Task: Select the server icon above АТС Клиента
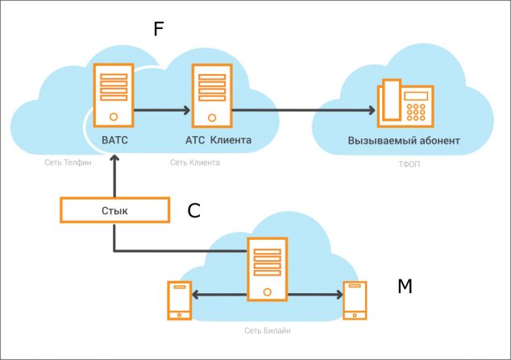210,94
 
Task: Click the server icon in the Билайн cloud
267,269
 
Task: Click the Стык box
114,210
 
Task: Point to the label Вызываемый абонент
404,141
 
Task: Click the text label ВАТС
115,140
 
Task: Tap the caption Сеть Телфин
69,163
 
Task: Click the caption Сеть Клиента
195,163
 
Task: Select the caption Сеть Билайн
267,331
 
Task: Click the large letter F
159,31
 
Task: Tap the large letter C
193,211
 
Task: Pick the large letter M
405,286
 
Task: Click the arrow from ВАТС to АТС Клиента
161,110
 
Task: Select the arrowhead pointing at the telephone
371,110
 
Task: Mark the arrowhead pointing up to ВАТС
114,159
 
